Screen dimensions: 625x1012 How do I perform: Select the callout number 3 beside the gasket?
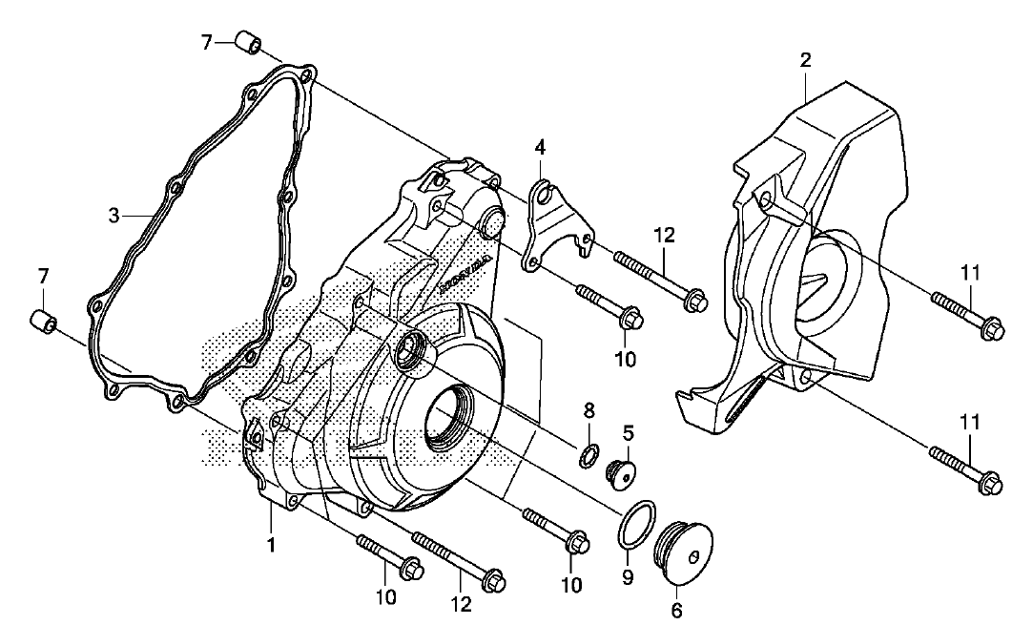pos(114,216)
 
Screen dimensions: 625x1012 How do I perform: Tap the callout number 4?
pos(540,148)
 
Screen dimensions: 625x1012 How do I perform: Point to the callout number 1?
pos(271,546)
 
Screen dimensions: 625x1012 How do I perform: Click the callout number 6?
pos(676,607)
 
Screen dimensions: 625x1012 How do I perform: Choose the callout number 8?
pos(589,411)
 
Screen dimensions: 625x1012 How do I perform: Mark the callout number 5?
pos(628,432)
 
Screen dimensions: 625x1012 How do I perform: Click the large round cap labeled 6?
pos(680,552)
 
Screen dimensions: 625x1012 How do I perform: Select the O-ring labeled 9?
pos(636,524)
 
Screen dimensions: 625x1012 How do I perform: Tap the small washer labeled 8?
pos(591,452)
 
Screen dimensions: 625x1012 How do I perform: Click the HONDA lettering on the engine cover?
pos(466,276)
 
